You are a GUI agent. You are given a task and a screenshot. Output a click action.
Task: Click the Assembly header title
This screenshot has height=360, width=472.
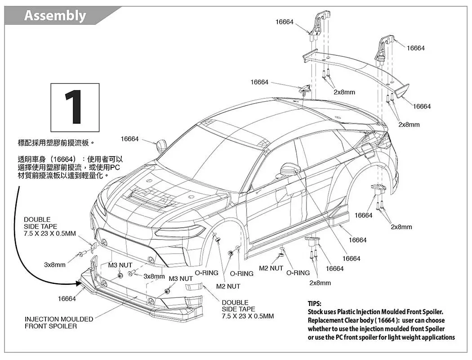coord(55,15)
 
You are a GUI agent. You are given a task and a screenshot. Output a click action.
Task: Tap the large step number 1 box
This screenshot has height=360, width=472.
coord(75,107)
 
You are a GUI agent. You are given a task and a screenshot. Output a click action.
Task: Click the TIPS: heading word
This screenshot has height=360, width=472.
coord(314,304)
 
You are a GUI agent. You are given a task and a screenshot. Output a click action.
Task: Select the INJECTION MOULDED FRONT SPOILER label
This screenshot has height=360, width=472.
coord(59,322)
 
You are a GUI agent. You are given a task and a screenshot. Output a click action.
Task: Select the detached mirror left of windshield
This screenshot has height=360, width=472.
coord(161,146)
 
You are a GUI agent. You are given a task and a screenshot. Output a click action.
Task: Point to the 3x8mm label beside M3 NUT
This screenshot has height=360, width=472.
coord(154,276)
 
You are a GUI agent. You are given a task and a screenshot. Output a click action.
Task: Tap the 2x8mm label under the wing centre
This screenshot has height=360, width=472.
coord(344,92)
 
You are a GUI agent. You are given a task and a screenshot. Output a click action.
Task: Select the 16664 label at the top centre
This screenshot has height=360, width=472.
coord(285,22)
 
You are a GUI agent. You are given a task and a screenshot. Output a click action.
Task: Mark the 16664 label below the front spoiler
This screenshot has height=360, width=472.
coord(67,299)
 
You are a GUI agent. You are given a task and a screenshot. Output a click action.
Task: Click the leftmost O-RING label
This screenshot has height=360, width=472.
coord(206,273)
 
